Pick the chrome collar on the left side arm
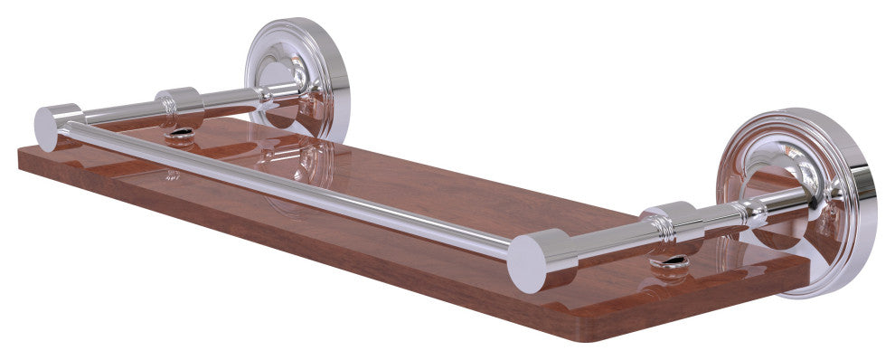pyautogui.click(x=180, y=106)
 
